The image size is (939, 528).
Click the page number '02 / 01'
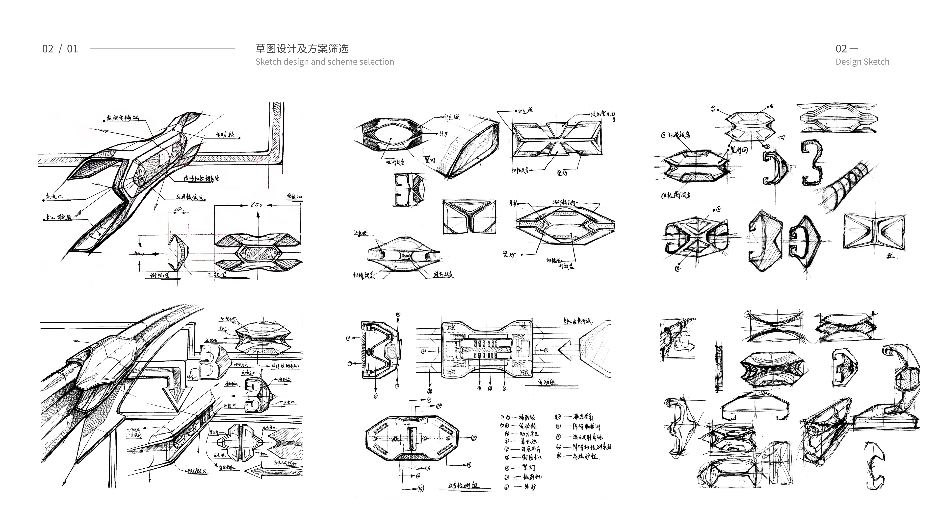coord(60,49)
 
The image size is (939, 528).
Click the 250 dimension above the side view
coord(179,210)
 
